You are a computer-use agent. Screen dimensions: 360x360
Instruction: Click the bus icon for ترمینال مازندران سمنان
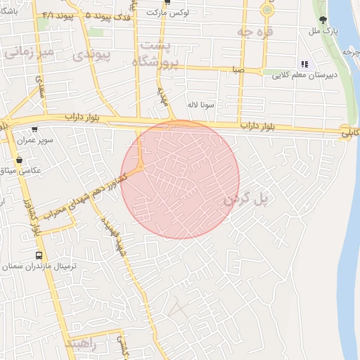[x=39, y=255]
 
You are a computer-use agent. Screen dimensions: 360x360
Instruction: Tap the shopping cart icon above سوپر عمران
[x=34, y=129]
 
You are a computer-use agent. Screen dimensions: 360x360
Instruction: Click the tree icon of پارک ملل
[x=323, y=20]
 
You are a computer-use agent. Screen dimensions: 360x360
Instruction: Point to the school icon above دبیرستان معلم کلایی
[x=304, y=63]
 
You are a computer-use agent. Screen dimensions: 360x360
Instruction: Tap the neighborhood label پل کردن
[x=247, y=200]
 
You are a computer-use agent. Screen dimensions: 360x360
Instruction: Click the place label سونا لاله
[x=200, y=104]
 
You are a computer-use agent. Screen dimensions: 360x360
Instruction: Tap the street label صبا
[x=240, y=70]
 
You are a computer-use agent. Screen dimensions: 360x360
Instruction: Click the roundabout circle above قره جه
[x=267, y=10]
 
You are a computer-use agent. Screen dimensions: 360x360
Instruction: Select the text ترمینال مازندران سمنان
[x=47, y=267]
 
